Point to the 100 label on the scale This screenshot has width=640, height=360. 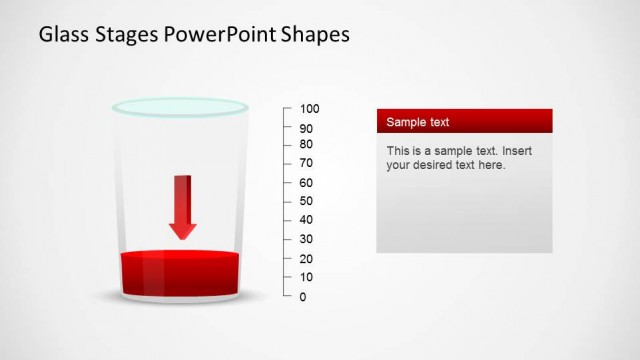pyautogui.click(x=309, y=109)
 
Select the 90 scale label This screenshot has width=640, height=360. pyautogui.click(x=306, y=128)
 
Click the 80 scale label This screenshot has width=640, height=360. pyautogui.click(x=306, y=144)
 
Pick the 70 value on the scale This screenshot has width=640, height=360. pyautogui.click(x=306, y=163)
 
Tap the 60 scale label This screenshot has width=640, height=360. pyautogui.click(x=306, y=183)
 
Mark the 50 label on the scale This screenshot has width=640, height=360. pyautogui.click(x=306, y=201)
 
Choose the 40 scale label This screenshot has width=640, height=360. pyautogui.click(x=306, y=220)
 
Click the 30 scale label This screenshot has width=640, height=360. pyautogui.click(x=306, y=239)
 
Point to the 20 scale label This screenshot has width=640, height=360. pyautogui.click(x=306, y=259)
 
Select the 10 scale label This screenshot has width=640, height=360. pyautogui.click(x=306, y=277)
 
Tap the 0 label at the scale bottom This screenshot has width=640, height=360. pyautogui.click(x=303, y=297)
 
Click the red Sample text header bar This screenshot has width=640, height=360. pyautogui.click(x=464, y=121)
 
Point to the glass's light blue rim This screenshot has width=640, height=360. pyautogui.click(x=179, y=105)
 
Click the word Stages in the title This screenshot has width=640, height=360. pyautogui.click(x=129, y=36)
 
